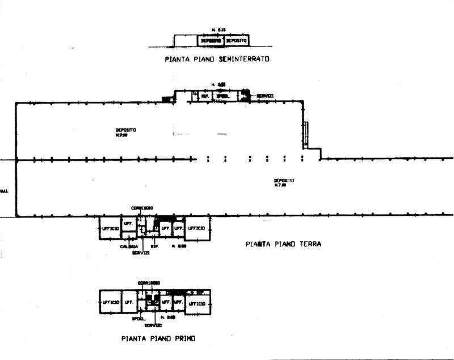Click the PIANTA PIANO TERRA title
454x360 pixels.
[284, 244]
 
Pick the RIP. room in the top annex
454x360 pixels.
[204, 97]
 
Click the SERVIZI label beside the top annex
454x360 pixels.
[265, 96]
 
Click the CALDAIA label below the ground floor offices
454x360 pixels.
[128, 246]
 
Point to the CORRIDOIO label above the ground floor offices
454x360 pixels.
[142, 208]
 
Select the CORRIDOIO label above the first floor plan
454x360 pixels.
[149, 282]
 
